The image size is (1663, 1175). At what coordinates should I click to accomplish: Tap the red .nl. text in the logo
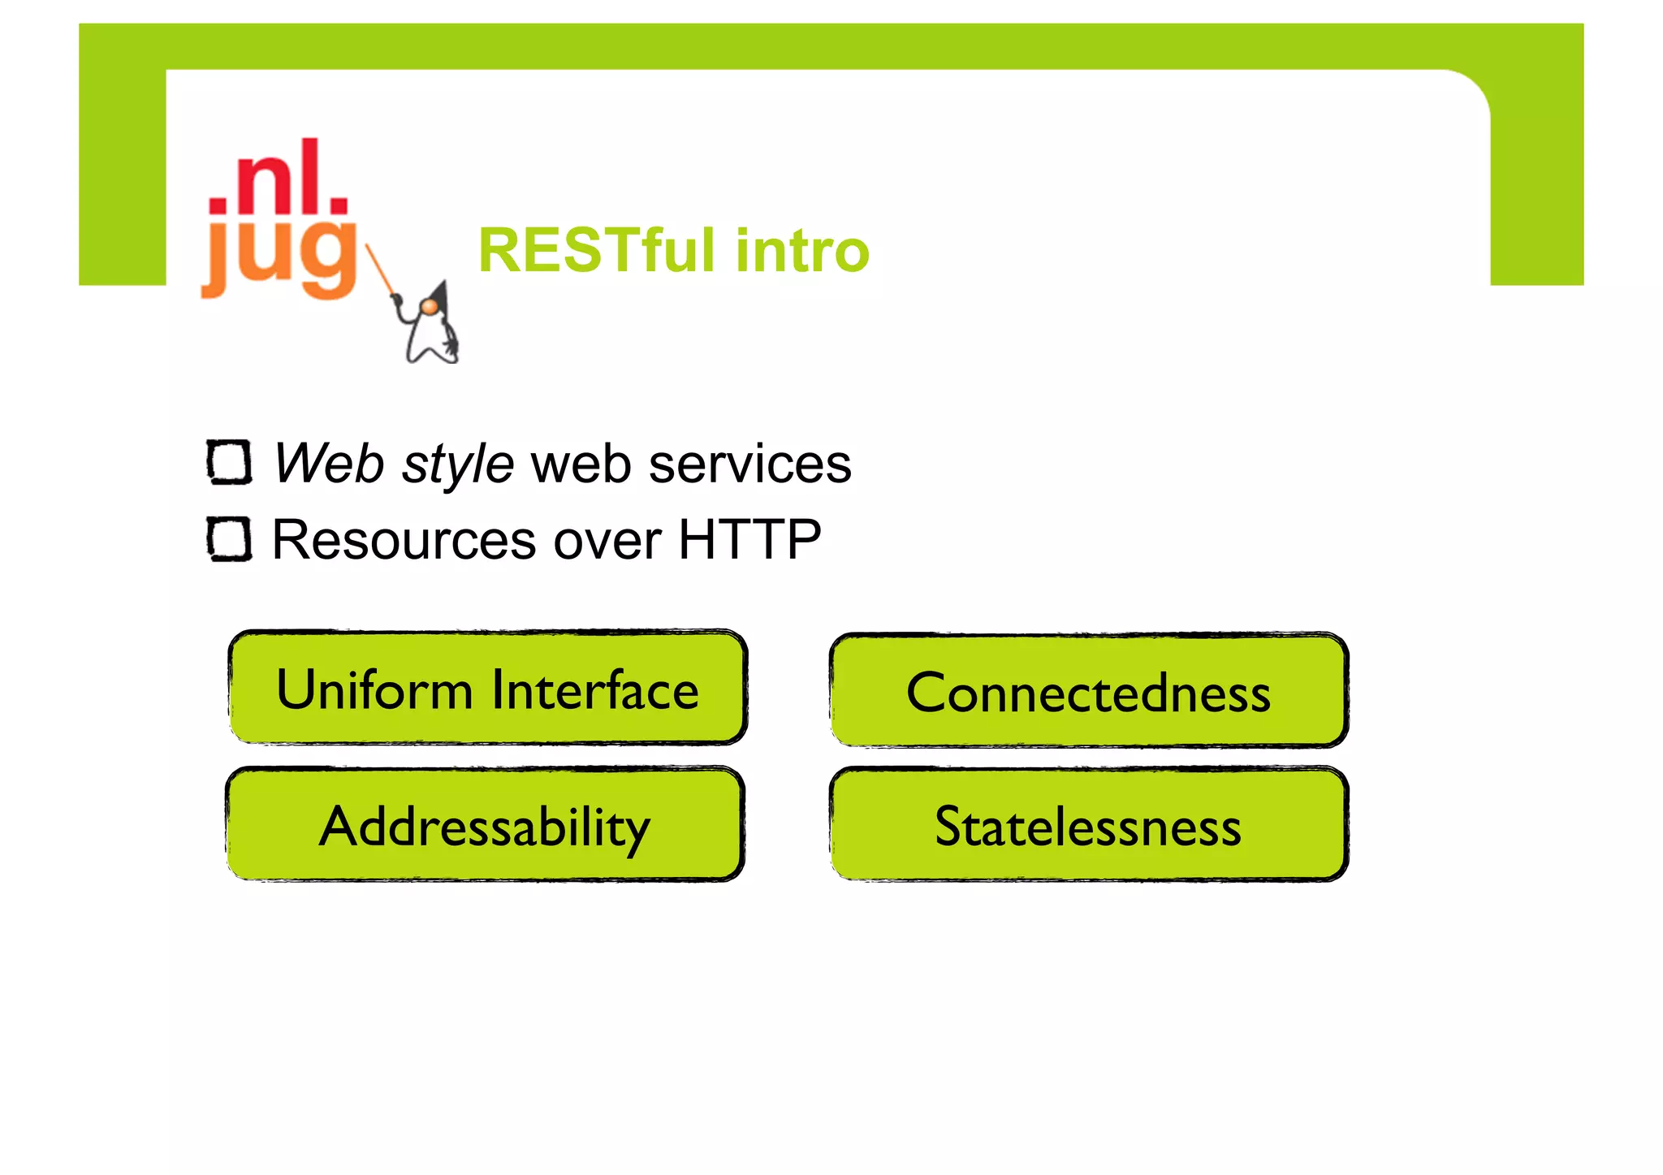pyautogui.click(x=279, y=178)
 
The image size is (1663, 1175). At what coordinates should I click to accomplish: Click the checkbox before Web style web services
pyautogui.click(x=229, y=462)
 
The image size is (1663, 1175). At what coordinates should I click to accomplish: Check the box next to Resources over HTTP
pyautogui.click(x=229, y=538)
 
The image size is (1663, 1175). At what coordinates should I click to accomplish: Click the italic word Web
pyautogui.click(x=328, y=464)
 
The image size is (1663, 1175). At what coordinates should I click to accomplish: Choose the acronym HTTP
pyautogui.click(x=749, y=540)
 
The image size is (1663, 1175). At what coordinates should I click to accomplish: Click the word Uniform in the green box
pyautogui.click(x=374, y=689)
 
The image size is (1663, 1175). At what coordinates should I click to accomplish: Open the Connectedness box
pyautogui.click(x=1088, y=693)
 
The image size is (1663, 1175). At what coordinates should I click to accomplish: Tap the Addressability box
pyautogui.click(x=485, y=826)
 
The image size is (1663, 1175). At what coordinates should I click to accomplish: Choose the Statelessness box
pyautogui.click(x=1088, y=826)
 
